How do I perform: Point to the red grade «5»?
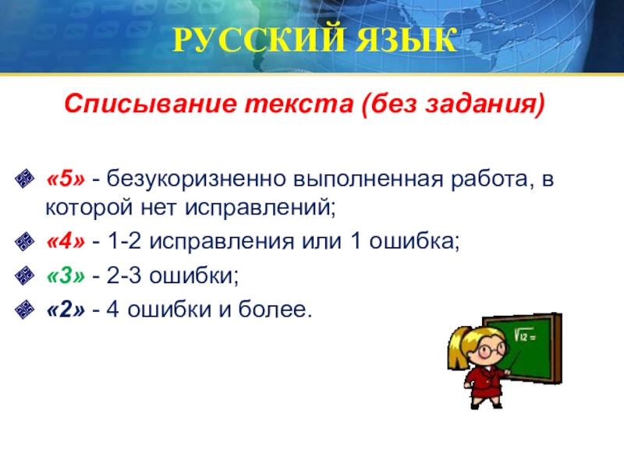coord(66,179)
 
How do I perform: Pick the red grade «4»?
coord(66,241)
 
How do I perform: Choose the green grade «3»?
coord(66,275)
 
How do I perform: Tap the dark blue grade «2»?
coord(66,310)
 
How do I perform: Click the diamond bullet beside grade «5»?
coord(24,179)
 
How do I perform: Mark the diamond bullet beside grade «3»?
coord(24,275)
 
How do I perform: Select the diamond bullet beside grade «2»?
coord(24,310)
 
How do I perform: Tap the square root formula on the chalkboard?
coord(524,335)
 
